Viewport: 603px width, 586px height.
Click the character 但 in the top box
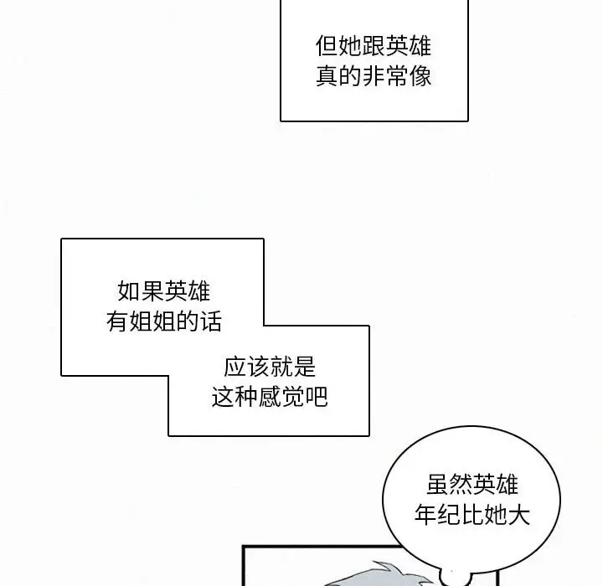coord(327,45)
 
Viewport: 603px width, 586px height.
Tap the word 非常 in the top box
coord(384,77)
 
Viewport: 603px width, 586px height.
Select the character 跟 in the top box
coord(374,45)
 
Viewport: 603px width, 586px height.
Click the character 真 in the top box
coord(327,77)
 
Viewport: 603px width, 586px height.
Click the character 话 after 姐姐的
coord(211,322)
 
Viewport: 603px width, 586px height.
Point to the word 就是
coord(292,366)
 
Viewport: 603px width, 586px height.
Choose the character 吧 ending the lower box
coord(317,397)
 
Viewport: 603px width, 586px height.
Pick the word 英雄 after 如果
coord(188,291)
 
